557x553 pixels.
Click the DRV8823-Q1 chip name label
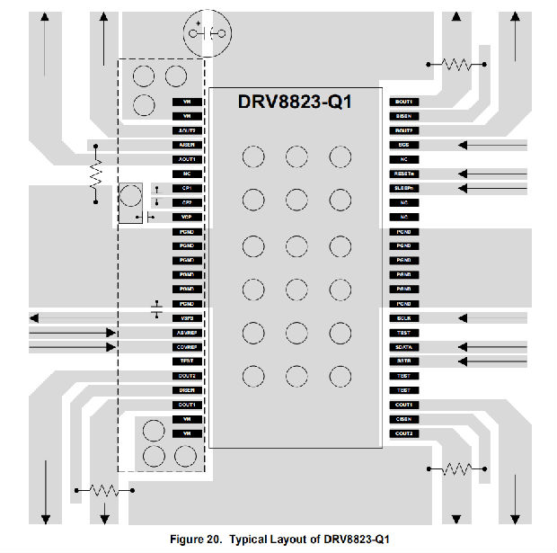295,103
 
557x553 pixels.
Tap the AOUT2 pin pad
188,130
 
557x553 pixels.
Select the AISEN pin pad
188,145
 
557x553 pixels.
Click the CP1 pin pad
188,188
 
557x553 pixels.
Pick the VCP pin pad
188,217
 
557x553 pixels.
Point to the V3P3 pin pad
188,317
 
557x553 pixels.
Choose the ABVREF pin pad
188,332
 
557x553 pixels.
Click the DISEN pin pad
188,389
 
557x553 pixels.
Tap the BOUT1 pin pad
403,102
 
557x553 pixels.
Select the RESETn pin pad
403,174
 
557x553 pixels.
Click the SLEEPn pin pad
403,188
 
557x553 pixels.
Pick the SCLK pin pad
403,317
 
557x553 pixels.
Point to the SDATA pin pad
403,346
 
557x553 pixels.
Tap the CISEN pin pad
403,418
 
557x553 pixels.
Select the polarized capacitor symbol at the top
208,33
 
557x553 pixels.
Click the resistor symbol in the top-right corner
455,64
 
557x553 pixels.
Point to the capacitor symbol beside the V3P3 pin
157,310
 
